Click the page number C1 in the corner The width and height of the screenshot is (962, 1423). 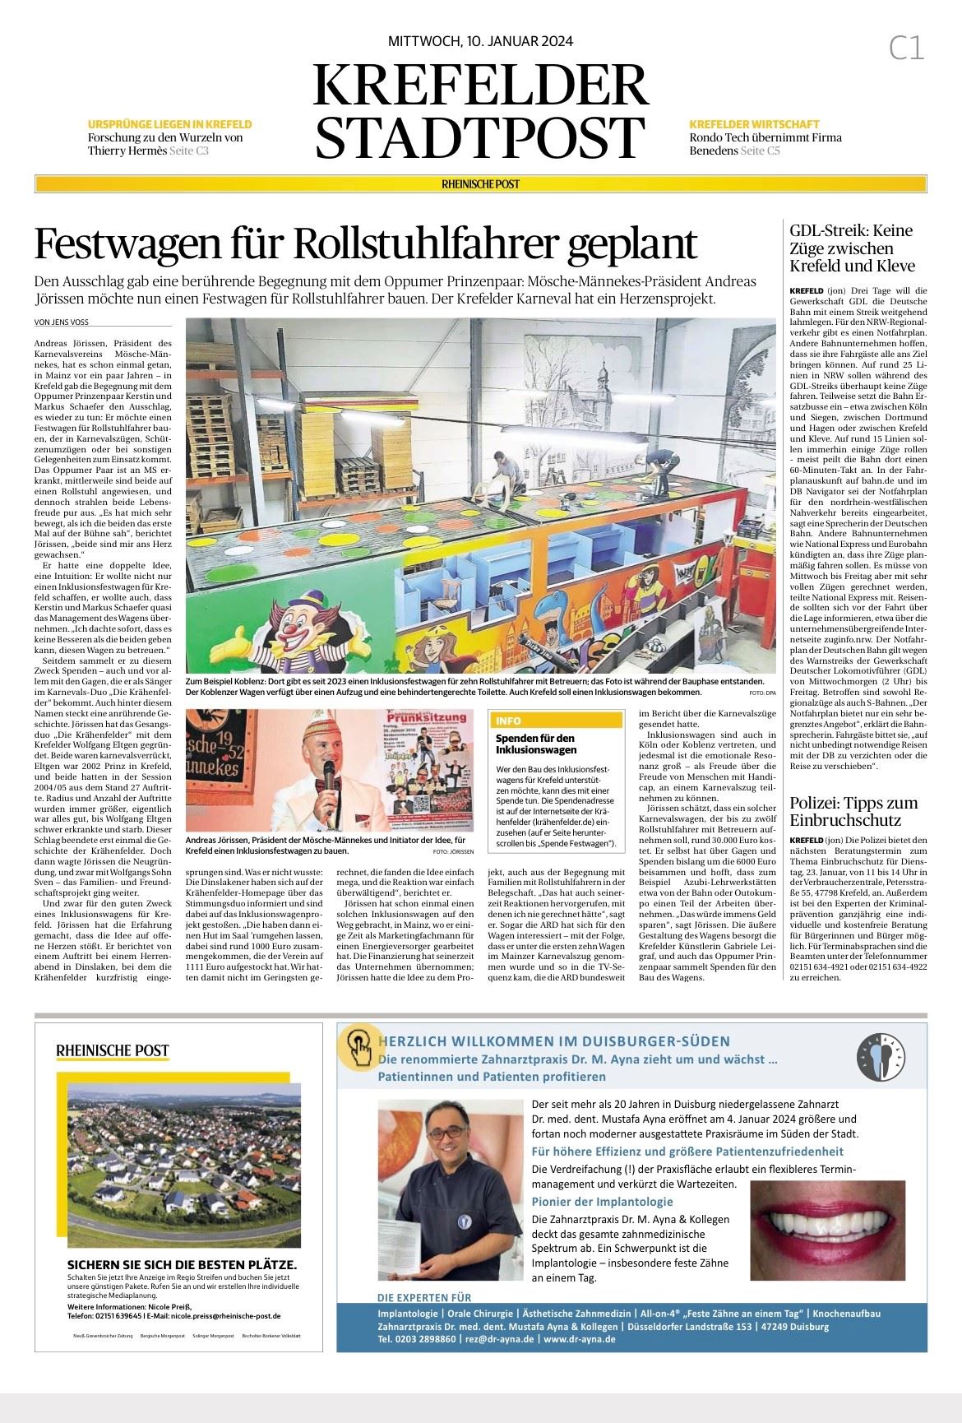906,49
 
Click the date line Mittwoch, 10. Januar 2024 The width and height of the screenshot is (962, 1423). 480,42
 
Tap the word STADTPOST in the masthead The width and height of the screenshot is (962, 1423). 480,136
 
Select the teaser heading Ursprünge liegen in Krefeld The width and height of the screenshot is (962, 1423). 169,124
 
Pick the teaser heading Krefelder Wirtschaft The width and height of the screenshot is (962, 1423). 750,124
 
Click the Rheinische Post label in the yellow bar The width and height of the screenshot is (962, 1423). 481,184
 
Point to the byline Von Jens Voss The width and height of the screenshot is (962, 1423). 62,322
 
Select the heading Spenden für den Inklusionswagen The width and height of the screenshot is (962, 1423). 534,744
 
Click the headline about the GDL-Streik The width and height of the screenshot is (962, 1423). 851,248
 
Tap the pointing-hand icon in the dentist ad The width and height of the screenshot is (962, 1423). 358,1047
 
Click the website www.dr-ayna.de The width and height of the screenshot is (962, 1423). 579,1339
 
